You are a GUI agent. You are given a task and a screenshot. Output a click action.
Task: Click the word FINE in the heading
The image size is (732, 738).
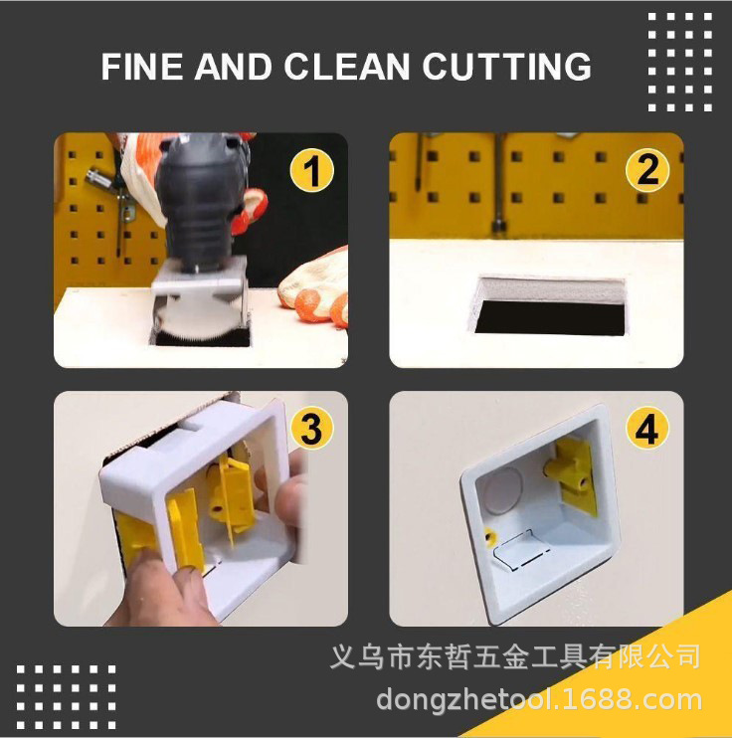[143, 68]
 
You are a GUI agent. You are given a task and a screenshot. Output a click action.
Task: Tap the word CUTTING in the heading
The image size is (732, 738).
[507, 68]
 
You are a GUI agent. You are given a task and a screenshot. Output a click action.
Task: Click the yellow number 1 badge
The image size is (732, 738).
[311, 171]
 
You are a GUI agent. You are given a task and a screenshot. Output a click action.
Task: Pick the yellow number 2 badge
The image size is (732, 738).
[646, 170]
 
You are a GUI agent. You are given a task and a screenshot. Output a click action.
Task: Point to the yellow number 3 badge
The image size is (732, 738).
[310, 429]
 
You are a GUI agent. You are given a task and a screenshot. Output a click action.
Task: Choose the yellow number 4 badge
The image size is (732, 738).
[646, 430]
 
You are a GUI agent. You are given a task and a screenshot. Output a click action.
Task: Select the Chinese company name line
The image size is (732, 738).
[515, 657]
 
